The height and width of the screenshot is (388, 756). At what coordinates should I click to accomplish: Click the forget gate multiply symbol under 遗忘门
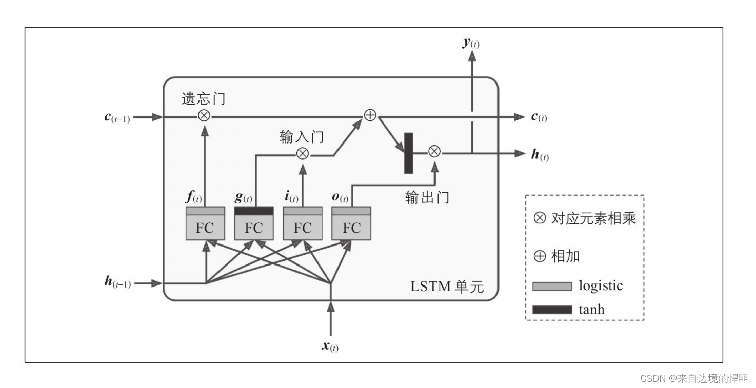pos(204,116)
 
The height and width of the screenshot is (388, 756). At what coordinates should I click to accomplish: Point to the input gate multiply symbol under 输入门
pos(303,153)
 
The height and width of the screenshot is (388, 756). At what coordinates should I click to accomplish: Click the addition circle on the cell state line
pos(370,116)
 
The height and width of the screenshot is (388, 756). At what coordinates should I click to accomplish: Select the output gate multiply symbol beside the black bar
pos(434,151)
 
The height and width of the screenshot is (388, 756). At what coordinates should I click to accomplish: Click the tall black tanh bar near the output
pos(409,153)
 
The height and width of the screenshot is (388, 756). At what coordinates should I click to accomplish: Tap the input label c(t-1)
pos(117,117)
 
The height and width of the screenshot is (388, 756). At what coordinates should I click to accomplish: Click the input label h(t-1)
pos(117,282)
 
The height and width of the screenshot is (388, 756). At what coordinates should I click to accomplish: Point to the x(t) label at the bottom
pos(330,346)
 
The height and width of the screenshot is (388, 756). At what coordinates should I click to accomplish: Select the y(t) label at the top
pos(470,43)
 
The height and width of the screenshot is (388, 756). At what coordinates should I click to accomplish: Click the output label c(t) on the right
pos(539,117)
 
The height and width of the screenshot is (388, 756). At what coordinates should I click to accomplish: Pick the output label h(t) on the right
pos(540,155)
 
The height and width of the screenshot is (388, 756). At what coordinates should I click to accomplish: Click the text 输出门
pos(427,198)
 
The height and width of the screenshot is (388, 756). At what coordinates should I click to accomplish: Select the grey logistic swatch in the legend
pos(552,286)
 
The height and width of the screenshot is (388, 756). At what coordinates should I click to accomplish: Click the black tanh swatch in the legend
pos(552,309)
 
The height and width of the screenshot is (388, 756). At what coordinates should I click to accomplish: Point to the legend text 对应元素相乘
pos(593,219)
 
